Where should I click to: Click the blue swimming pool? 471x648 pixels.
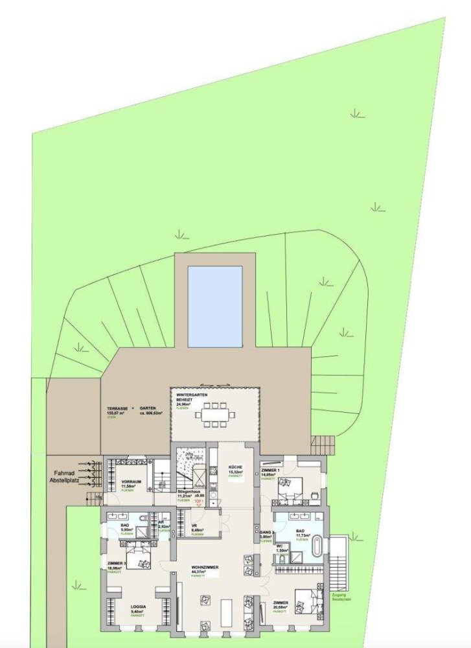click(x=215, y=306)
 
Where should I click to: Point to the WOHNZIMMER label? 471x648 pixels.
click(x=205, y=567)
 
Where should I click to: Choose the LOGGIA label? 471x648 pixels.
click(x=137, y=607)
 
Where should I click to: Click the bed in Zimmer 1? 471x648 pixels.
click(x=291, y=487)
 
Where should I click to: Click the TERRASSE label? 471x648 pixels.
click(x=117, y=409)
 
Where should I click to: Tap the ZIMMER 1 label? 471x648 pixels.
click(x=271, y=469)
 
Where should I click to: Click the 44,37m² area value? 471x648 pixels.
click(x=200, y=572)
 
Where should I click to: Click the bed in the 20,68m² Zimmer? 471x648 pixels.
click(x=306, y=602)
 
